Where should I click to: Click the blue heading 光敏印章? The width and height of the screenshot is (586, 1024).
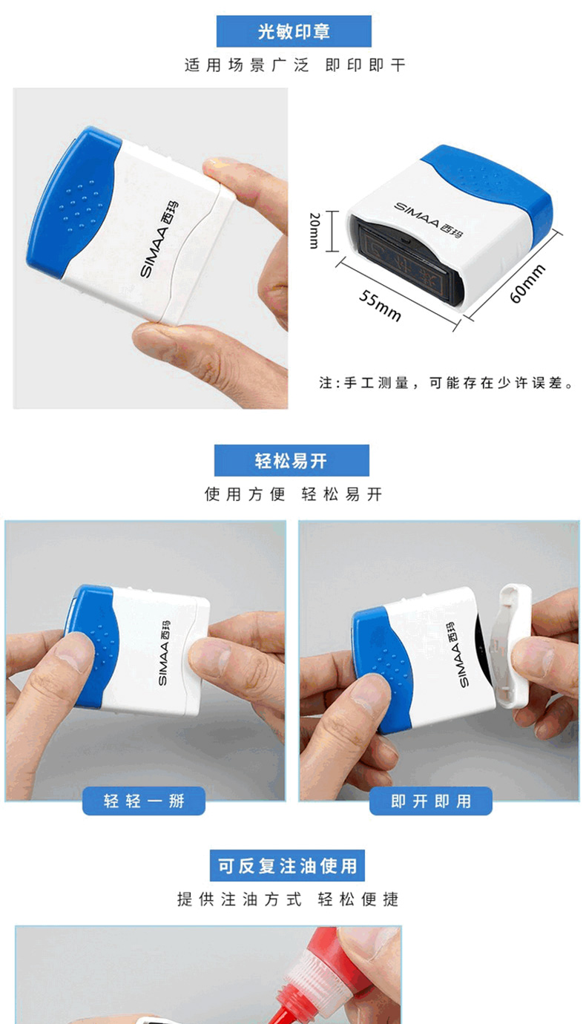point(294,31)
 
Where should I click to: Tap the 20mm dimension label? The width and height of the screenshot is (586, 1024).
point(315,230)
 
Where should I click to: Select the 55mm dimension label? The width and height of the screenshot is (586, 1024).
point(380,305)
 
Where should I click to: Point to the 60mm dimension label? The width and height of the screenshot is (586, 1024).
point(527,283)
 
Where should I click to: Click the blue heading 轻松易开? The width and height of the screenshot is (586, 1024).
point(292,460)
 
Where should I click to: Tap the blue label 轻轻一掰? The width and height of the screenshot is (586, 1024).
point(143,801)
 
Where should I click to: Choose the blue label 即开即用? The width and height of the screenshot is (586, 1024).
point(430,801)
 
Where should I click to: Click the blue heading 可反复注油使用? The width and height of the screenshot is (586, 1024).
point(287,865)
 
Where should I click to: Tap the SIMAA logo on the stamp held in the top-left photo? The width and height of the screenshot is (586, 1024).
point(159,239)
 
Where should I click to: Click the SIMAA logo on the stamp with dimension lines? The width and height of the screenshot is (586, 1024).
point(428,220)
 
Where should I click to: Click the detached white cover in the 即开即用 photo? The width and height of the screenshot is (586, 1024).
point(514,646)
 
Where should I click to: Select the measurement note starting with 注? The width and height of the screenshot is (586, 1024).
point(446,383)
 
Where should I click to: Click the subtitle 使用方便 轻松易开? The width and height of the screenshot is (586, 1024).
point(293,494)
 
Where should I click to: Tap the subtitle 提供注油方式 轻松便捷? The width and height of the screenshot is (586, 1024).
point(288,899)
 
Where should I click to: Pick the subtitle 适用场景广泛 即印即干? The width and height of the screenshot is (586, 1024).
point(294,65)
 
